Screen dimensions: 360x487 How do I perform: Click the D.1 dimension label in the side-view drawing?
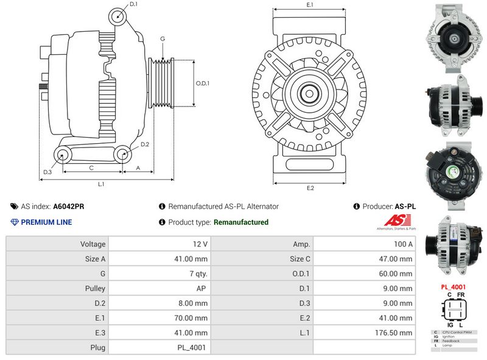pyautogui.click(x=134, y=4)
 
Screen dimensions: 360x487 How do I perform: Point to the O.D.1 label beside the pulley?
pyautogui.click(x=203, y=83)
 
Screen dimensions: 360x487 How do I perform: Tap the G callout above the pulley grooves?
pyautogui.click(x=163, y=39)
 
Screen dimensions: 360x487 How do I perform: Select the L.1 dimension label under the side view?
pyautogui.click(x=102, y=184)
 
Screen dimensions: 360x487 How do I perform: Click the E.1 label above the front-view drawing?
pyautogui.click(x=309, y=5)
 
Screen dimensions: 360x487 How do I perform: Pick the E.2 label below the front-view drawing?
pyautogui.click(x=309, y=188)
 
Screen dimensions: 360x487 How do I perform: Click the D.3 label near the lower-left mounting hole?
pyautogui.click(x=47, y=172)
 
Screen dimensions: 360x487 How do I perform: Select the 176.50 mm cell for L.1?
pyautogui.click(x=396, y=333)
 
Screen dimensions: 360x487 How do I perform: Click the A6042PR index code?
pyautogui.click(x=69, y=206)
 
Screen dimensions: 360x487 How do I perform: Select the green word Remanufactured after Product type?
pyautogui.click(x=240, y=222)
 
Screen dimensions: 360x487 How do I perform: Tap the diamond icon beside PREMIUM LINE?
pyautogui.click(x=15, y=222)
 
